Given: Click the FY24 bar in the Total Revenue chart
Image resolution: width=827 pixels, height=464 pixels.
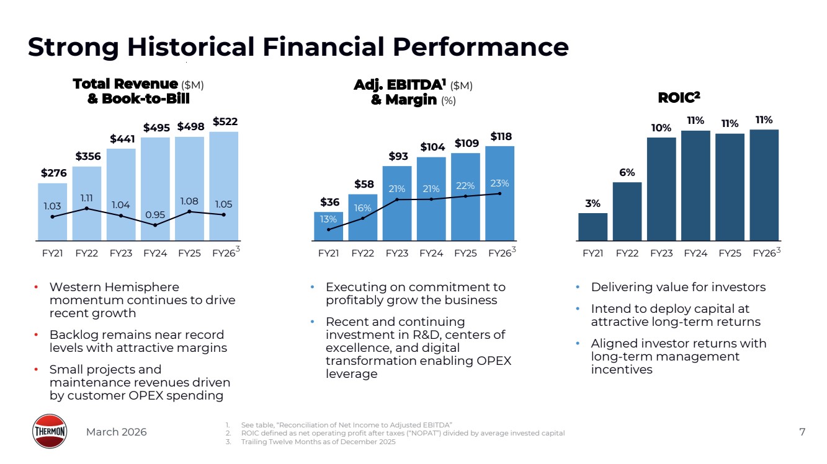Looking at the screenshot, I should pyautogui.click(x=155, y=186).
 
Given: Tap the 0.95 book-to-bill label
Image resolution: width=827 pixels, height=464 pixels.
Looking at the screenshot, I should pyautogui.click(x=155, y=214).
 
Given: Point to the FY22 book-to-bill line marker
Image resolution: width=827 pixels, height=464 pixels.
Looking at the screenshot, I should pyautogui.click(x=87, y=208).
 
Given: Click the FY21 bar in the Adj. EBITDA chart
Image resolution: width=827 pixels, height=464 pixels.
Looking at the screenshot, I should pyautogui.click(x=328, y=225).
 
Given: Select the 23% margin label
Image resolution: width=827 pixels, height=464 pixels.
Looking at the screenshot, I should pyautogui.click(x=499, y=183).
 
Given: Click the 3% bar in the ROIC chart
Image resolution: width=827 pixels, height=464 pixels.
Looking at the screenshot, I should pyautogui.click(x=592, y=226).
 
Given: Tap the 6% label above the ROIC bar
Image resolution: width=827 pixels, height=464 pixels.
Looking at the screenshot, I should pyautogui.click(x=627, y=173).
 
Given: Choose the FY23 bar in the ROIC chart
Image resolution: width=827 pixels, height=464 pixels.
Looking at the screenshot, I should pyautogui.click(x=661, y=188).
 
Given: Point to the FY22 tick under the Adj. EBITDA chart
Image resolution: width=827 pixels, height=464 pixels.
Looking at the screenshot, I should pyautogui.click(x=363, y=253).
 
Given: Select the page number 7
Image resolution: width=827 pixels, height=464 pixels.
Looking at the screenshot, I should pyautogui.click(x=802, y=432).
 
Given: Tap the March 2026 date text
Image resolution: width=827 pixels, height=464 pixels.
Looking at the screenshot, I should pyautogui.click(x=116, y=432).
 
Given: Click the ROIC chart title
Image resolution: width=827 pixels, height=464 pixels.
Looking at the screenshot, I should pyautogui.click(x=678, y=97).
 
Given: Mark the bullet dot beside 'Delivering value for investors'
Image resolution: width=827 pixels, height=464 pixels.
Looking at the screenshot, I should pyautogui.click(x=578, y=287).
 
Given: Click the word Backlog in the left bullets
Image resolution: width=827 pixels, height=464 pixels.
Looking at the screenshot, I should pyautogui.click(x=73, y=335).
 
